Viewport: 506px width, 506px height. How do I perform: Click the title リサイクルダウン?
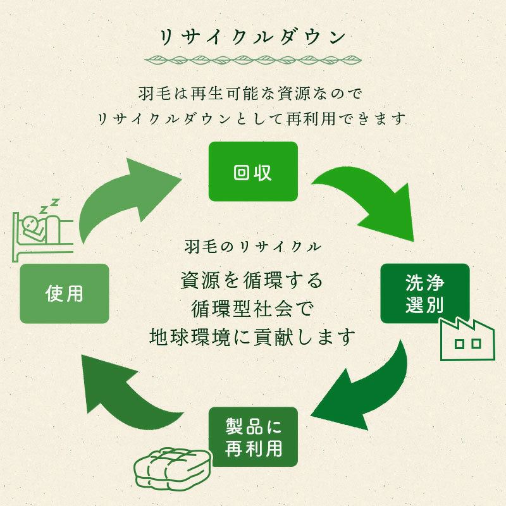pos(252,36)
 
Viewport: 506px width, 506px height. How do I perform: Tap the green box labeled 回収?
pos(252,172)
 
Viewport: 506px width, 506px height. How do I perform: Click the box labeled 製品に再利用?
pos(252,436)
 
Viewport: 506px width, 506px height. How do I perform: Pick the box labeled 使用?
pos(65,293)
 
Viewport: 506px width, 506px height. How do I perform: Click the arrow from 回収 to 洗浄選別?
pos(367,202)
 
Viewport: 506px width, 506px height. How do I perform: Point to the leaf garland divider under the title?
pos(252,62)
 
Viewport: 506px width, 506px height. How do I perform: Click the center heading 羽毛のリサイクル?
pos(252,245)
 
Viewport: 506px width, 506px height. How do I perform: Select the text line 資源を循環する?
pos(252,279)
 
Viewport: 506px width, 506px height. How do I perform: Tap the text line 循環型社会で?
pos(252,307)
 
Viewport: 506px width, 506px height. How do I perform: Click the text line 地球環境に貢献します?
pos(252,336)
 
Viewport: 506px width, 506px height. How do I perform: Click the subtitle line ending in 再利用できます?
pos(252,118)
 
